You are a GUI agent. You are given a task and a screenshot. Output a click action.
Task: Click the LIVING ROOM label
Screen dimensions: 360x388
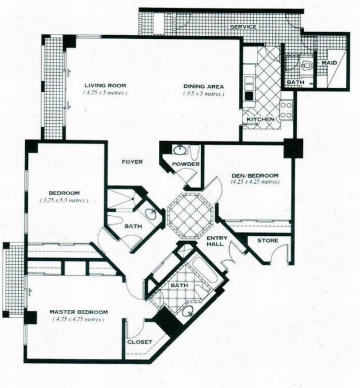tap(105, 85)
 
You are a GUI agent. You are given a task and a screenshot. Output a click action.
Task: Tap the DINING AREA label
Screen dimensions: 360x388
tap(204, 87)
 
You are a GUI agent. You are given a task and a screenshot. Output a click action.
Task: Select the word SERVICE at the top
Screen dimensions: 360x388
tap(243, 27)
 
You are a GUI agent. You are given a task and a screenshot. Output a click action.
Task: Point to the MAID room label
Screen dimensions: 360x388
tap(329, 63)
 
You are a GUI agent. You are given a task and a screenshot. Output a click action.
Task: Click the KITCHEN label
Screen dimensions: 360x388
tap(260, 119)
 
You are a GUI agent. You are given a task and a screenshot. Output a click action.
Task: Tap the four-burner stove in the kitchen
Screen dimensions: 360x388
tap(286, 110)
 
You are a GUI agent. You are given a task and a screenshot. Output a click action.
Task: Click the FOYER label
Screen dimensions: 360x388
tap(132, 162)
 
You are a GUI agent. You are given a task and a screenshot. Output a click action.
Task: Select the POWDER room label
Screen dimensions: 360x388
tap(185, 164)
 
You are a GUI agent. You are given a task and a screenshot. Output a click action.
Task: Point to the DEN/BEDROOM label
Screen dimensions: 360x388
tap(255, 175)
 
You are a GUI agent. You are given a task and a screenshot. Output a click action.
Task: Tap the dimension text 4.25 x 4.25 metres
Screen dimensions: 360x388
tap(255, 182)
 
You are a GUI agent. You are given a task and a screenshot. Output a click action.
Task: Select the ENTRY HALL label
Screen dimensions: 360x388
tap(217, 241)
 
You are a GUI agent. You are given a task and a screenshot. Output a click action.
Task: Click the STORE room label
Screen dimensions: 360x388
tap(268, 241)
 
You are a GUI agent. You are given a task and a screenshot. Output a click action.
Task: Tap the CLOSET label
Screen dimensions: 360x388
tap(139, 342)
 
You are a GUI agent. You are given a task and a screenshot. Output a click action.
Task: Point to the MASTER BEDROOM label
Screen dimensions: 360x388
tap(78, 312)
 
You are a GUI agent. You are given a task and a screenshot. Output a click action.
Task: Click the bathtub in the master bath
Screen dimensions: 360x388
tap(204, 270)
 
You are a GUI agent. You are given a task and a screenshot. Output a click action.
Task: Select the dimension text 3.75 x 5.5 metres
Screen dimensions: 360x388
tap(64, 201)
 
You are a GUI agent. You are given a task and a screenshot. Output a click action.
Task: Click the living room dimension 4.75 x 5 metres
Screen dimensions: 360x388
tap(105, 93)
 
